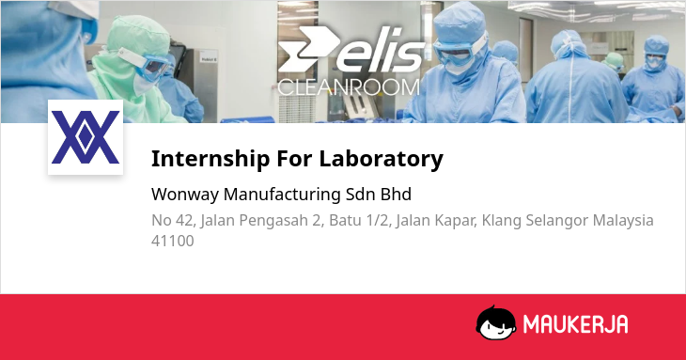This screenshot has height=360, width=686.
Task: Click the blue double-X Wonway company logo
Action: [86, 137]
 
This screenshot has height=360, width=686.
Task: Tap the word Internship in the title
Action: [210, 159]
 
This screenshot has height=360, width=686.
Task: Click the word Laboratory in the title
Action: [382, 159]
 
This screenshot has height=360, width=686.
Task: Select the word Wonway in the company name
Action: [184, 195]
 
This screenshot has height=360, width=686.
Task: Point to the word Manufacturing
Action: [282, 195]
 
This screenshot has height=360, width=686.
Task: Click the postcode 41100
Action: [172, 241]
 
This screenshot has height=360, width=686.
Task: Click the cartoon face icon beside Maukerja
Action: [495, 322]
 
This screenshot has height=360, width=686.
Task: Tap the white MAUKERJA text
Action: [575, 324]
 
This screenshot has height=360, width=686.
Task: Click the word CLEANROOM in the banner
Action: [349, 87]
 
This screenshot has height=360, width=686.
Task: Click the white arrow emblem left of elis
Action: [307, 49]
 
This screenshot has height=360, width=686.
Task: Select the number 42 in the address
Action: [184, 220]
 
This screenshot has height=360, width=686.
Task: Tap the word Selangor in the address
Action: [557, 221]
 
